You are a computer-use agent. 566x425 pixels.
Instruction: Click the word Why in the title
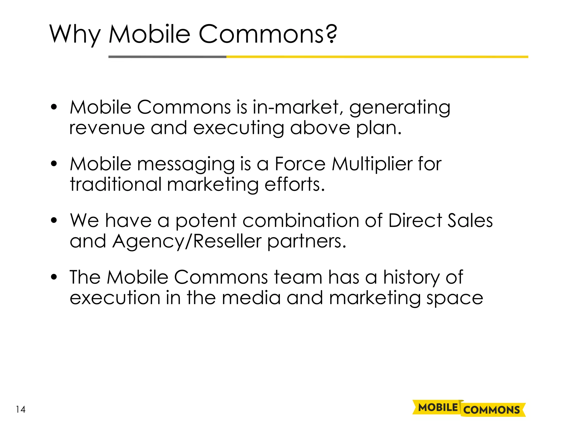pyautogui.click(x=75, y=34)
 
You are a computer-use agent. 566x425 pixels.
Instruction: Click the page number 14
pyautogui.click(x=21, y=410)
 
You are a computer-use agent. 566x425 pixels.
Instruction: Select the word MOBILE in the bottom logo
pyautogui.click(x=438, y=408)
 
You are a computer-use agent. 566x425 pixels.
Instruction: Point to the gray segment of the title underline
pyautogui.click(x=167, y=57)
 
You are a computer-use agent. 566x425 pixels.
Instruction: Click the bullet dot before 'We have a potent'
pyautogui.click(x=54, y=221)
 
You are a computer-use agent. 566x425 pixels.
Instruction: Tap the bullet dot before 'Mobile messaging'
pyautogui.click(x=54, y=164)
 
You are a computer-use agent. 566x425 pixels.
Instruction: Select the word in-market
pyautogui.click(x=296, y=107)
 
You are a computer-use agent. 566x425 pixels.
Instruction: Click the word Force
pyautogui.click(x=300, y=164)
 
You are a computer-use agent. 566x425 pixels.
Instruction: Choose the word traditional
pyautogui.click(x=116, y=185)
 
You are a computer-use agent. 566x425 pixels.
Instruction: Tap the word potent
pyautogui.click(x=206, y=221)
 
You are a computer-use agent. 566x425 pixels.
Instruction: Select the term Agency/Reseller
pyautogui.click(x=187, y=242)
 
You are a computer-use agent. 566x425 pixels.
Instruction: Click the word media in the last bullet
pyautogui.click(x=251, y=298)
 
